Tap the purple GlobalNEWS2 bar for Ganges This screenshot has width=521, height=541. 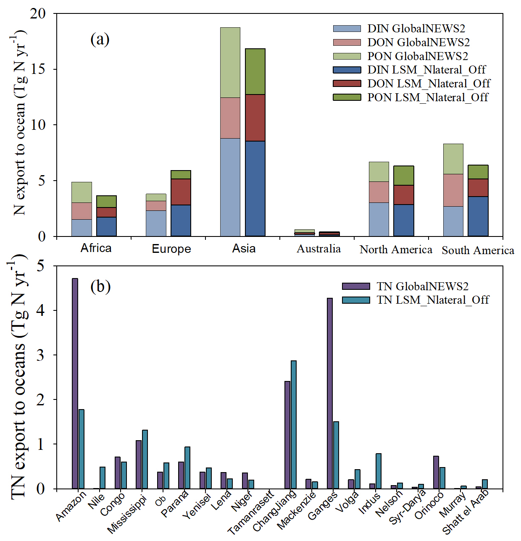330,393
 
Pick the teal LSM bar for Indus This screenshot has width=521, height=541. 379,471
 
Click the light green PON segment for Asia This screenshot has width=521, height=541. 230,63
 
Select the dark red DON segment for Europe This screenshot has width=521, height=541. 181,192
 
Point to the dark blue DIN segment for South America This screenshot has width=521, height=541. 478,216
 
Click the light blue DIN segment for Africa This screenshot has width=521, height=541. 82,228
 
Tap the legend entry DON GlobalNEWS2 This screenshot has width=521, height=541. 418,42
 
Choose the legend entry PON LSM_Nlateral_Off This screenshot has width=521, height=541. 427,97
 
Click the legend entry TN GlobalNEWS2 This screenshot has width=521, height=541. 422,286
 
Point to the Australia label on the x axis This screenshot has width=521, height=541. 318,249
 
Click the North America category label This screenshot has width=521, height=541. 396,249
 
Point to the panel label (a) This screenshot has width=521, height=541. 100,39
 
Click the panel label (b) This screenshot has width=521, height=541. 100,286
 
